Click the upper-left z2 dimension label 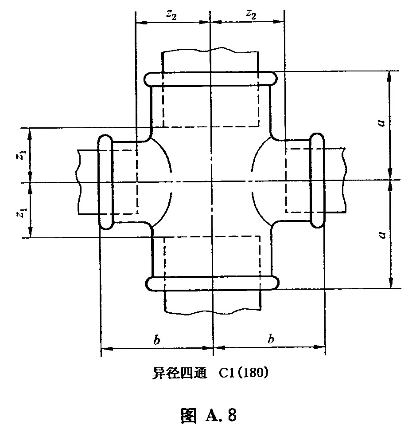click(x=171, y=15)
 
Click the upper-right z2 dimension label click(x=251, y=14)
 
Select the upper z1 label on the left click(x=23, y=156)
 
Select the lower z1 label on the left click(x=23, y=213)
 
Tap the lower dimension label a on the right click(x=382, y=235)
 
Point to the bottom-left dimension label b click(x=156, y=340)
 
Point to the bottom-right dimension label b click(x=271, y=339)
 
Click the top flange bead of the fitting click(x=210, y=79)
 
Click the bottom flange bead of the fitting click(x=213, y=283)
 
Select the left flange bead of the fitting click(x=105, y=182)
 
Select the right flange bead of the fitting click(x=317, y=181)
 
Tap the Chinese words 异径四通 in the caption click(x=179, y=373)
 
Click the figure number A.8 click(x=220, y=415)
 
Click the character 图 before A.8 click(x=189, y=415)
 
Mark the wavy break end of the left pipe click(x=79, y=182)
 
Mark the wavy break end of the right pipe click(x=344, y=180)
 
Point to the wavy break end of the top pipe click(x=210, y=50)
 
